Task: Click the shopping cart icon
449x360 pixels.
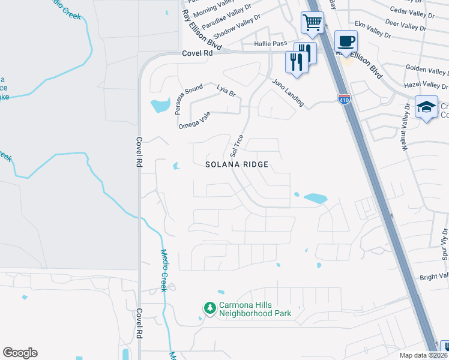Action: coord(312,23)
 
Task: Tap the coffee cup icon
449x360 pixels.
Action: coord(346,41)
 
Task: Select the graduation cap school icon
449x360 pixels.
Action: coord(426,107)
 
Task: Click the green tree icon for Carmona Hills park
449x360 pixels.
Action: coord(209,308)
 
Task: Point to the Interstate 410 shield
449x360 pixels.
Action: coord(344,99)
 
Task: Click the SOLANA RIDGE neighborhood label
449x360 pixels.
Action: coord(236,164)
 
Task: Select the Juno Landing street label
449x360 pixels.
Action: coord(288,93)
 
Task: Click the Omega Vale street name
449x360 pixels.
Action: coord(194,121)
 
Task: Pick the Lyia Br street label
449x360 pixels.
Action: coord(226,91)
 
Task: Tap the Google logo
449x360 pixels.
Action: coord(20,353)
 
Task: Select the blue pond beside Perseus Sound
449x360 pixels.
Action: coord(160,106)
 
